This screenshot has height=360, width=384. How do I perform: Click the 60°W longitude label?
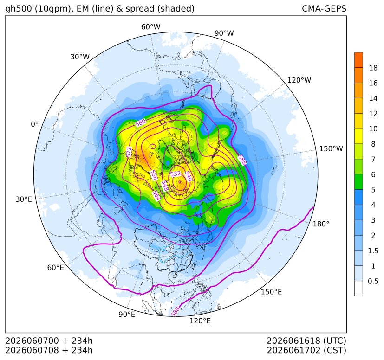pyautogui.click(x=150, y=27)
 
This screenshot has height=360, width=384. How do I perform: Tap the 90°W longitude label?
pyautogui.click(x=224, y=33)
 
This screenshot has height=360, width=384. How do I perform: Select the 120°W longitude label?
pyautogui.click(x=299, y=80)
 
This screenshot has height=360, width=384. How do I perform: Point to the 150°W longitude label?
pyautogui.click(x=331, y=148)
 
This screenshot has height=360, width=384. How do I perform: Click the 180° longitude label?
pyautogui.click(x=321, y=224)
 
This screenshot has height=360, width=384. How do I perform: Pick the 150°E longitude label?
pyautogui.click(x=271, y=292)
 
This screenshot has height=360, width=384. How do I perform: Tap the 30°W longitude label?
pyautogui.click(x=80, y=57)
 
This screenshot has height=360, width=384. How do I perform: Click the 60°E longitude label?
pyautogui.click(x=56, y=268)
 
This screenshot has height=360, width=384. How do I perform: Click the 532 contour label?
pyautogui.click(x=176, y=174)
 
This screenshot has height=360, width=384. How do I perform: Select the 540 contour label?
pyautogui.click(x=188, y=176)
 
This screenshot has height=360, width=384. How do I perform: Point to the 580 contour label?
pyautogui.click(x=141, y=122)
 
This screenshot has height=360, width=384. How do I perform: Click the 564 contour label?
pyautogui.click(x=156, y=195)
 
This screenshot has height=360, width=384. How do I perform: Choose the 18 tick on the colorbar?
pyautogui.click(x=373, y=68)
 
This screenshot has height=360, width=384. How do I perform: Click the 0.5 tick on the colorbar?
pyautogui.click(x=373, y=281)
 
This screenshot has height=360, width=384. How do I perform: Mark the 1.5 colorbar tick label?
pyautogui.click(x=373, y=251)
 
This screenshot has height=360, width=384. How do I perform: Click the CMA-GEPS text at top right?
pyautogui.click(x=324, y=8)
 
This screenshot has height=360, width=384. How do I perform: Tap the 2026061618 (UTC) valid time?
pyautogui.click(x=306, y=341)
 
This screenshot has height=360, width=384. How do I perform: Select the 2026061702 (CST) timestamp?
pyautogui.click(x=306, y=350)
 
